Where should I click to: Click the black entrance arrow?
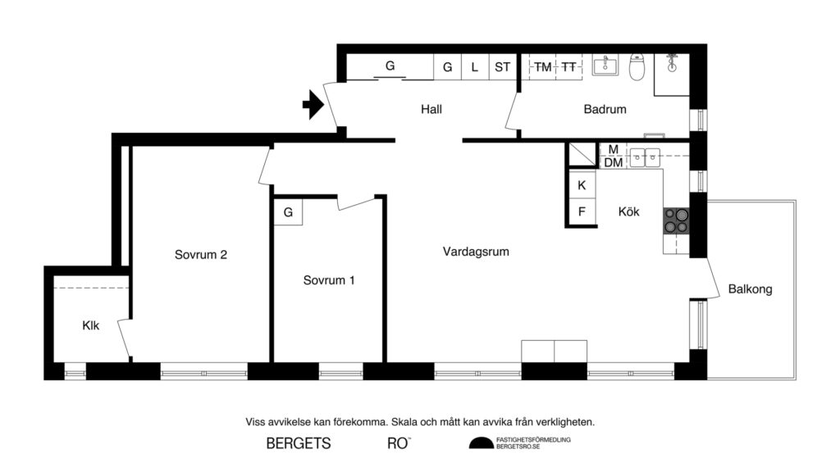point(312,106)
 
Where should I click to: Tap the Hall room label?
point(431,109)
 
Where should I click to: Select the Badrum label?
point(605,109)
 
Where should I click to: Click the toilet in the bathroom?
point(637,67)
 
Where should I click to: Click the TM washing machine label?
point(543,67)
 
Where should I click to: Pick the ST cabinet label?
point(502,67)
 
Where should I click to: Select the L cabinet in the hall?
point(475,67)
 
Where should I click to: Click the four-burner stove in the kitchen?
point(676,220)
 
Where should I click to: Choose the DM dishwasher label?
point(613,162)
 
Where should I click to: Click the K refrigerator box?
point(582,185)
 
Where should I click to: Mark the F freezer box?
point(582,211)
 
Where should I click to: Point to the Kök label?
point(629,211)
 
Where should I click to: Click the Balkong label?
point(750,289)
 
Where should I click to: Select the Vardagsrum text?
point(476,252)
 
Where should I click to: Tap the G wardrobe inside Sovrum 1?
point(288,212)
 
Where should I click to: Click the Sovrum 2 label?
point(201,254)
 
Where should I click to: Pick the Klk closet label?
point(90,325)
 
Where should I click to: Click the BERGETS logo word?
point(299,444)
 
